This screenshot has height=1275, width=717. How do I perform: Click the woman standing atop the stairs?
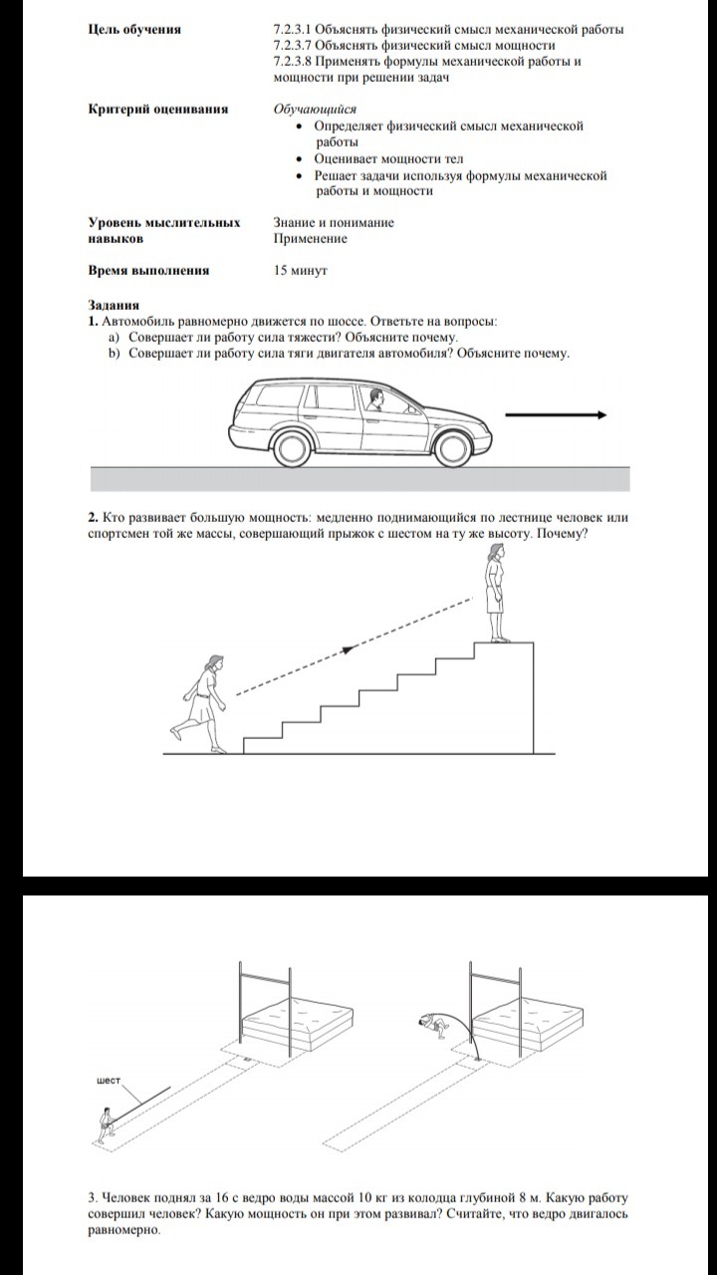tap(494, 598)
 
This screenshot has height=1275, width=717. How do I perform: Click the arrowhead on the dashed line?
tap(349, 649)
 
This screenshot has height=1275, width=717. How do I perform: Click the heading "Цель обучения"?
tap(134, 30)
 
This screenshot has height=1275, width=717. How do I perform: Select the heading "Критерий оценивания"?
tap(157, 110)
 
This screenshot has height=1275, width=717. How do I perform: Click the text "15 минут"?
tap(301, 270)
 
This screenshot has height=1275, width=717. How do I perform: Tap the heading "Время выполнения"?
tap(148, 270)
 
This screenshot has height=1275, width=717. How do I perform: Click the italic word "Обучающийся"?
tap(315, 110)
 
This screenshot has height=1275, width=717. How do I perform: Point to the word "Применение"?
tap(310, 239)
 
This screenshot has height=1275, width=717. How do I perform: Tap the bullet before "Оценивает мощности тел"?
tap(302, 159)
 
